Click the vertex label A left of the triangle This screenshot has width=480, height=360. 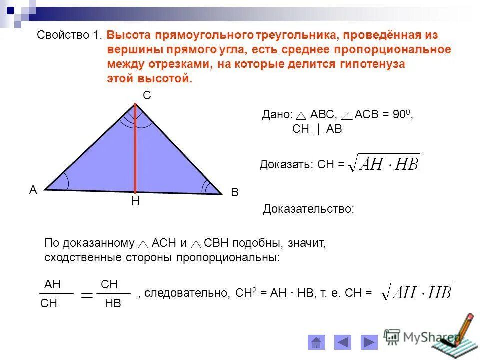pos(33,190)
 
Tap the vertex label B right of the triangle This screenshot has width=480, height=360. pos(235,193)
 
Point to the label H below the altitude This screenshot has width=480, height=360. pos(135,201)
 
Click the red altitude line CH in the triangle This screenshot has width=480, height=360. pos(135,150)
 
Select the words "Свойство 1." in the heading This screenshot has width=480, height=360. pos(70,35)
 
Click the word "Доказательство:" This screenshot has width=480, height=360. pos(308,209)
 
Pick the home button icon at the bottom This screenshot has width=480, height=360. pos(316,342)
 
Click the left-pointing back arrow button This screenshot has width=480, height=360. pos(343,342)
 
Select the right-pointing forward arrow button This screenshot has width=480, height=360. pos(369,342)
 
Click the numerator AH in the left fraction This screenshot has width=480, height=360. pos(52,284)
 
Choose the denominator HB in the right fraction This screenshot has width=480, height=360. pos(113,304)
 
